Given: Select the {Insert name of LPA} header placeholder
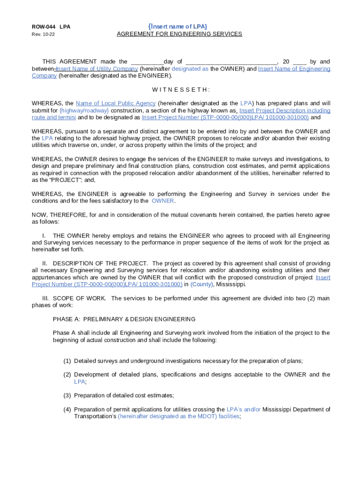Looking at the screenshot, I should click(178, 26).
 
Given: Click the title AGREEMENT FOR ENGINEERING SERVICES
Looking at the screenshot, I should click(179, 34).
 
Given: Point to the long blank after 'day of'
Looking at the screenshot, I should click(231, 62).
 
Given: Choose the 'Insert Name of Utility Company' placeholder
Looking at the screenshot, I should click(97, 69).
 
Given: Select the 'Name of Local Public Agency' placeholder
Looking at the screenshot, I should click(115, 103).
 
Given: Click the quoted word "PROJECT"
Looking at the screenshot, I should click(55, 180).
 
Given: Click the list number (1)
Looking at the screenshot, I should click(67, 361).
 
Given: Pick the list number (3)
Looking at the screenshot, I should click(67, 395).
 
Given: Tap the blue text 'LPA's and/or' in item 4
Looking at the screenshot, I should click(244, 409).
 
